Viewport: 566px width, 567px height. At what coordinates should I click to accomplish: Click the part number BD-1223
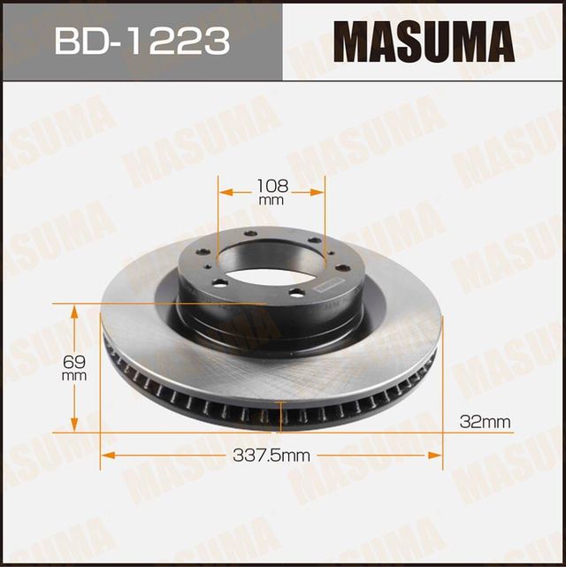[141, 41]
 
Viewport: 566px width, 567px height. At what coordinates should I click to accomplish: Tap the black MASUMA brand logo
[423, 41]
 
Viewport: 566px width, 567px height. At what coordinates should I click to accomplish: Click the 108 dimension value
[272, 187]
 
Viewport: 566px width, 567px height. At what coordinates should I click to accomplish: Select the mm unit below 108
[272, 202]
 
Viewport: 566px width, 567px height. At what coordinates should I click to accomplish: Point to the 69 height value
[74, 360]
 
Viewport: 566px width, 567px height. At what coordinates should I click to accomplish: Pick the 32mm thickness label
[486, 422]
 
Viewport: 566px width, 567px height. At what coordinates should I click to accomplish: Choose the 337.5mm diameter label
[271, 456]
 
